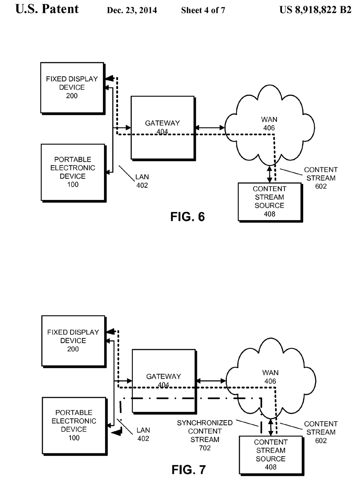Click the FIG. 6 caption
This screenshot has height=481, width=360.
(x=188, y=217)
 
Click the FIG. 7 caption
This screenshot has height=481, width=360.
(x=189, y=470)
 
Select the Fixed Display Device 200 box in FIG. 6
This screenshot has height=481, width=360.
(x=72, y=88)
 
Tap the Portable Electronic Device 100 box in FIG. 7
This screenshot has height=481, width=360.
(x=74, y=425)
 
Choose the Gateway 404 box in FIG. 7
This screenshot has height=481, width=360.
(x=164, y=380)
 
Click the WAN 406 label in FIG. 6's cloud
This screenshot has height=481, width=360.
(x=269, y=124)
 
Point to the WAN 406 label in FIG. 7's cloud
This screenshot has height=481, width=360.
(x=270, y=377)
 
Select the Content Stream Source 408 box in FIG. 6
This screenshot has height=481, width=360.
(x=270, y=201)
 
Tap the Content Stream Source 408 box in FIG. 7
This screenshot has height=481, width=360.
(x=271, y=455)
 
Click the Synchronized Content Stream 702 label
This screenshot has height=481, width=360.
(x=205, y=435)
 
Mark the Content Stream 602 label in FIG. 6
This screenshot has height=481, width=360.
(x=321, y=178)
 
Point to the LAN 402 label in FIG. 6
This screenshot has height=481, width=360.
(x=142, y=181)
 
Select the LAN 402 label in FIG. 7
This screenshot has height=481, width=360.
(x=143, y=434)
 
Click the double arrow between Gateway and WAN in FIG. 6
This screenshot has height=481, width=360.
(x=210, y=128)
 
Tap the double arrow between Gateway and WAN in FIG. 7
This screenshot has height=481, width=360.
(x=211, y=381)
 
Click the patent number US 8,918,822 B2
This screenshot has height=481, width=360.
(x=315, y=10)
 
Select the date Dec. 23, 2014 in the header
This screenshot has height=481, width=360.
(x=132, y=10)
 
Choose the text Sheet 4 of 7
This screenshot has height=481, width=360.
(x=203, y=10)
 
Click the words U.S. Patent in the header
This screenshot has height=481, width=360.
(x=47, y=9)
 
